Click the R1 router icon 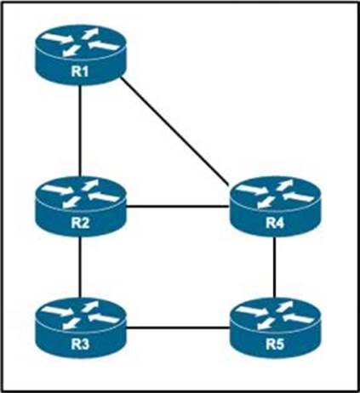80,55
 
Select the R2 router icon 80,207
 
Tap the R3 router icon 80,327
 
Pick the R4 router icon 275,207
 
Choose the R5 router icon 275,327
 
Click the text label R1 80,71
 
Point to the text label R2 80,223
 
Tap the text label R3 80,344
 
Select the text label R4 275,223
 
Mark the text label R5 275,345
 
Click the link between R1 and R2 81,131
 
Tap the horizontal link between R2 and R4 178,207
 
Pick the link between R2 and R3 81,267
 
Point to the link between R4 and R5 275,267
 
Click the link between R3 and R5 178,328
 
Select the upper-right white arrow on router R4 285,184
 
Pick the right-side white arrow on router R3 104,317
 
